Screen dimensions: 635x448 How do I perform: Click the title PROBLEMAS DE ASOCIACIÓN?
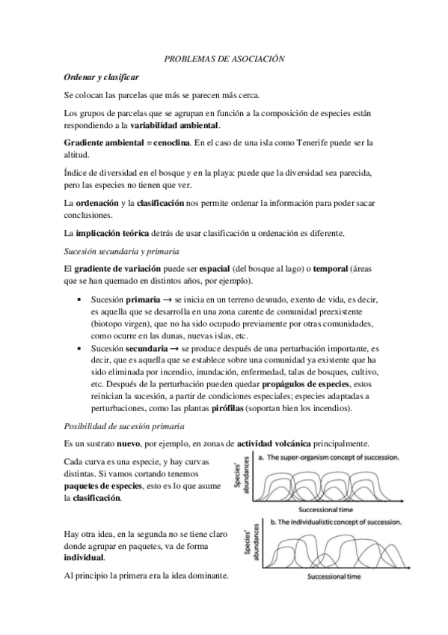click(224, 58)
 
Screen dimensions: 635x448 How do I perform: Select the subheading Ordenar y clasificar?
click(101, 77)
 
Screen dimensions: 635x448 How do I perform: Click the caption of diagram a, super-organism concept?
click(328, 457)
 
